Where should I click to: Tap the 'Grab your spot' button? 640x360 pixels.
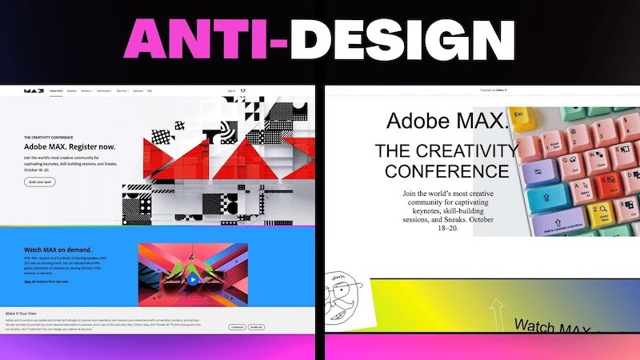pos(39,182)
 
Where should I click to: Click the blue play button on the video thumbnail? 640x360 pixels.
pos(193,279)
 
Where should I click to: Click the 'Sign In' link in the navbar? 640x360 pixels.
pos(231,91)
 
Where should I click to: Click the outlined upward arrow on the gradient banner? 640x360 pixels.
pos(496,312)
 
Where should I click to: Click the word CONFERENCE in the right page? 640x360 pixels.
pos(446,170)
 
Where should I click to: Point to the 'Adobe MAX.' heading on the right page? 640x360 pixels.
pos(446,122)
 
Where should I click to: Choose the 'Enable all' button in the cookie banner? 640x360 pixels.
pos(257,327)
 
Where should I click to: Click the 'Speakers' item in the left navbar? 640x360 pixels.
pos(72,91)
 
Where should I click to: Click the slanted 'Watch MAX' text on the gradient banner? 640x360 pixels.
pos(552,328)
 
